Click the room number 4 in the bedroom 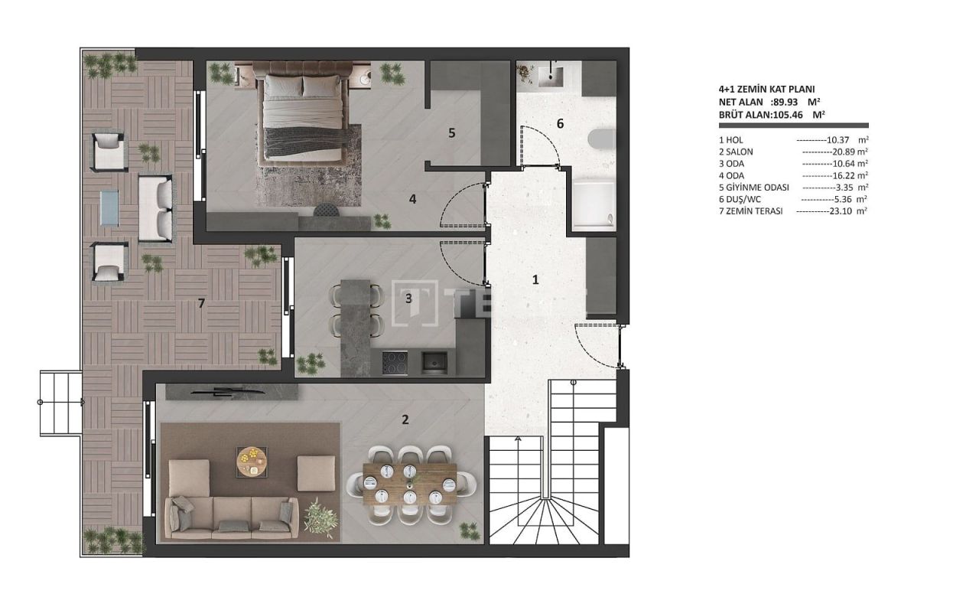click(x=412, y=199)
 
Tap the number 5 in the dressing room click(x=451, y=133)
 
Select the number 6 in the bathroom click(x=560, y=123)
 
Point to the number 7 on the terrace click(x=201, y=304)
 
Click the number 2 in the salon click(x=405, y=419)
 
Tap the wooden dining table click(x=410, y=484)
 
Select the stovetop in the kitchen click(x=395, y=362)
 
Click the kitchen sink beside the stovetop click(x=433, y=362)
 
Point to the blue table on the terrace click(x=109, y=207)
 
